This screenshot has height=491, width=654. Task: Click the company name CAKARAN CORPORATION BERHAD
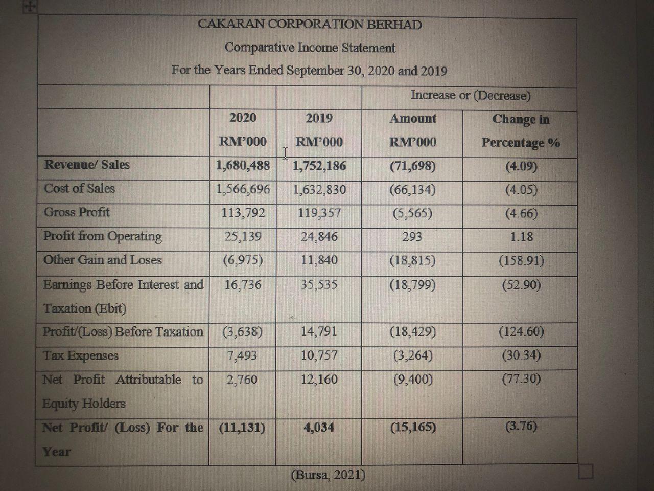click(x=310, y=25)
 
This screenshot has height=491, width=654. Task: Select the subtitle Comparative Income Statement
click(x=310, y=48)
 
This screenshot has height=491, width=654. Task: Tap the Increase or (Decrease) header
click(x=470, y=95)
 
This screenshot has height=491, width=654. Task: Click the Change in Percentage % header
click(x=521, y=130)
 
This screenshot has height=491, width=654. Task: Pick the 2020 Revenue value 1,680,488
click(x=243, y=165)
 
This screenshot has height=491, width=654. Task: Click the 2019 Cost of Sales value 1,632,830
click(x=319, y=190)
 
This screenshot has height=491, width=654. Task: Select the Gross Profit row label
click(x=77, y=212)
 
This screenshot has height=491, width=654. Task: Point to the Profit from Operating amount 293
click(x=412, y=236)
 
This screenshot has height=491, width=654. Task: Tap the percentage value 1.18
click(x=521, y=237)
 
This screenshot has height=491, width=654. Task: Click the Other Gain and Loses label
click(x=102, y=260)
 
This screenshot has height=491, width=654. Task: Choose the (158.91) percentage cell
click(x=521, y=260)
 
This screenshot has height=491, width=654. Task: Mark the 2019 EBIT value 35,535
click(x=319, y=284)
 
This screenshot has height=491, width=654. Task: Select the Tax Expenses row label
click(x=81, y=355)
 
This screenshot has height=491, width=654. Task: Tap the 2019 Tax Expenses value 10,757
click(x=319, y=355)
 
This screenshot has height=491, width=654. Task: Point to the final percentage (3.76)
click(x=521, y=427)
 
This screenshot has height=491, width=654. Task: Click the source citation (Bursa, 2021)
click(x=328, y=475)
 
